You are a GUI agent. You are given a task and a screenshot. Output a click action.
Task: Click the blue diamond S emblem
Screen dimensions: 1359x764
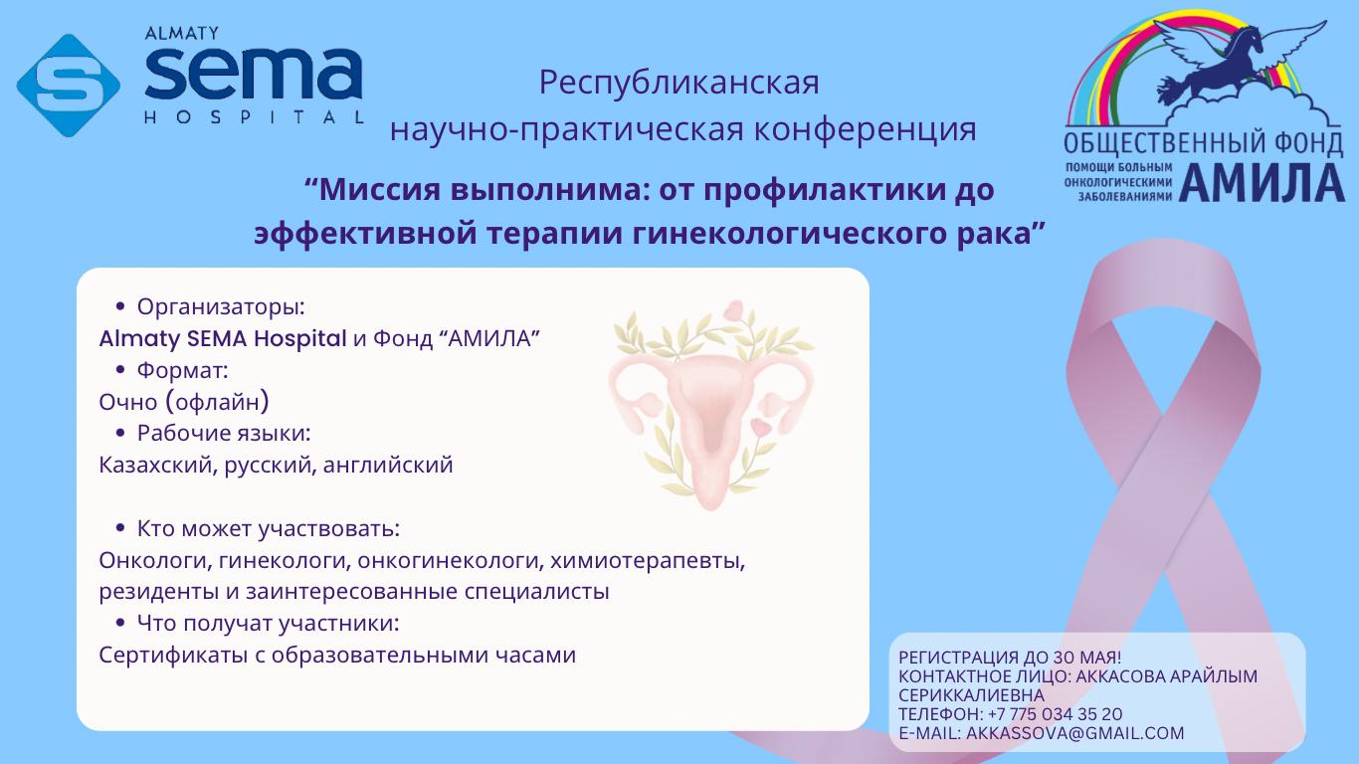coord(69,86)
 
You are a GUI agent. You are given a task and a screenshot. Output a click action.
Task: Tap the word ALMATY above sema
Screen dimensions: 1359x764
coord(181,34)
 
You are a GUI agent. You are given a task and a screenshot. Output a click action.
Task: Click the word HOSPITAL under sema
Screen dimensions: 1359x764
coord(255,116)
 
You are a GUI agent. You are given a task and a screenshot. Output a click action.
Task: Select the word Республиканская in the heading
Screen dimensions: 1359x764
coord(679,84)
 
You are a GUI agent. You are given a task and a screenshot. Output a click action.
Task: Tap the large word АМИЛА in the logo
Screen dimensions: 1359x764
coord(1262,182)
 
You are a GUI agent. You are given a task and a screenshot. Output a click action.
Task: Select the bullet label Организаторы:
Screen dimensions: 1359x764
coord(221,307)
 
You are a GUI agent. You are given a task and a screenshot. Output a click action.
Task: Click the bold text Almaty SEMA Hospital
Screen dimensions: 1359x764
coord(223,338)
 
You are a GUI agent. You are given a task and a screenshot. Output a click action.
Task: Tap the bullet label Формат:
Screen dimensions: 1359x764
coord(183,370)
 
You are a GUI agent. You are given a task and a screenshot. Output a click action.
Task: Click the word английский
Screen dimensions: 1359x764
coord(388,466)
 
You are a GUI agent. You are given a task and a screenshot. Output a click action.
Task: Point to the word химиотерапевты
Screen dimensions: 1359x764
coord(648,561)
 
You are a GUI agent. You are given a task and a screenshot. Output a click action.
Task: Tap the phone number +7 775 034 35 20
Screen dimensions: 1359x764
coord(1055,714)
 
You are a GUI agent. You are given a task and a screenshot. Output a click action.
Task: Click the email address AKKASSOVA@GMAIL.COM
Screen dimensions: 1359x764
coord(1075,733)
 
